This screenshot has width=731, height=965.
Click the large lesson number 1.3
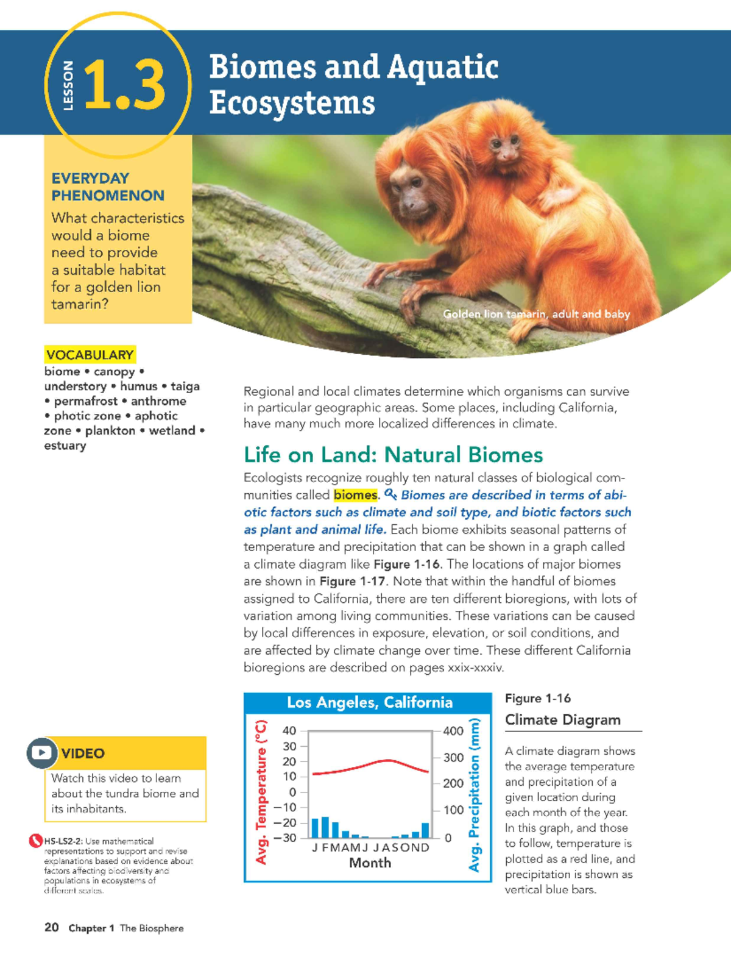tap(124, 85)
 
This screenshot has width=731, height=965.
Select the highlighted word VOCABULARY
tap(90, 355)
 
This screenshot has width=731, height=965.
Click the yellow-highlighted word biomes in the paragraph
tap(355, 495)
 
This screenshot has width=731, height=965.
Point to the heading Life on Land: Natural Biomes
tap(393, 455)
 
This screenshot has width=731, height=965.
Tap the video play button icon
tap(41, 752)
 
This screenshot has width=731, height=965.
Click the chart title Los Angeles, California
tap(370, 702)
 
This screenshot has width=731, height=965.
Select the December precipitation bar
tap(425, 830)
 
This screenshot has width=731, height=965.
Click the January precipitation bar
tap(316, 828)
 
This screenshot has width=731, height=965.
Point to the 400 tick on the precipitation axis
tap(453, 731)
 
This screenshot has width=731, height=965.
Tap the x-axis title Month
tap(370, 863)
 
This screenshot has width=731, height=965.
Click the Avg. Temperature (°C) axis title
tap(261, 791)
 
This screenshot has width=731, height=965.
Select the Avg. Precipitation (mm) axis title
tap(475, 794)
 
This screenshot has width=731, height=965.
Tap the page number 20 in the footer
tap(52, 927)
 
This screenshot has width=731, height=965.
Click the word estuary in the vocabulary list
tap(65, 446)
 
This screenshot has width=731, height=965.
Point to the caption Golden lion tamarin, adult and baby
tap(536, 314)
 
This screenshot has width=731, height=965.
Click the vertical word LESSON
tap(68, 85)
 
